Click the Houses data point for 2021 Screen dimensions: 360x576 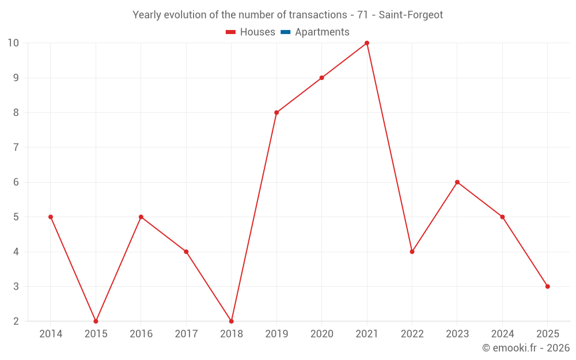click(x=367, y=43)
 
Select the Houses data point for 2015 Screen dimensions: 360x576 click(x=96, y=321)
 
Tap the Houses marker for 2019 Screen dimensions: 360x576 click(x=276, y=112)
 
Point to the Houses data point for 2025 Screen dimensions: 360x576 click(x=547, y=286)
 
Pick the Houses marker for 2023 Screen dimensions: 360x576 click(x=457, y=182)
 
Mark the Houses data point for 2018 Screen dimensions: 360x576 click(x=232, y=321)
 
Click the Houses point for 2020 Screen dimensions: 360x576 click(x=321, y=78)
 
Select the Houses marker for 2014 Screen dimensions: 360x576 click(x=51, y=217)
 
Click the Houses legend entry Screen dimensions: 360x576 click(x=251, y=32)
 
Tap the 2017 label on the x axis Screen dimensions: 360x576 click(x=186, y=334)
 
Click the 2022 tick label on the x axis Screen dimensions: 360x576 click(x=412, y=334)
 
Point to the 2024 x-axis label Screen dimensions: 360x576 click(x=502, y=334)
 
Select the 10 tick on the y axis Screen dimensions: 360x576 click(x=13, y=43)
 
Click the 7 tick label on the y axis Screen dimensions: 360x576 click(x=16, y=147)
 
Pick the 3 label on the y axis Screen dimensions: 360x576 click(x=16, y=286)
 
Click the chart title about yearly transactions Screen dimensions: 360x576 click(x=287, y=15)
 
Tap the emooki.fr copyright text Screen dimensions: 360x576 click(x=525, y=348)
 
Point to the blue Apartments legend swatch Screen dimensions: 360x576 click(x=285, y=32)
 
